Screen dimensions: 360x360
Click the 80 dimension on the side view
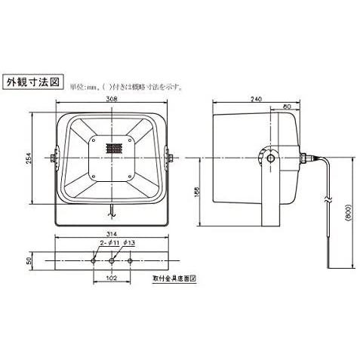285,108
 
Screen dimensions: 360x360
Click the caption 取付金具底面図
174,278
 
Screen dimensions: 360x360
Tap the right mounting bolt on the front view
171,158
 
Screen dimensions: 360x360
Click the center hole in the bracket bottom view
112,259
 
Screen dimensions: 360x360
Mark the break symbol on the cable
326,202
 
